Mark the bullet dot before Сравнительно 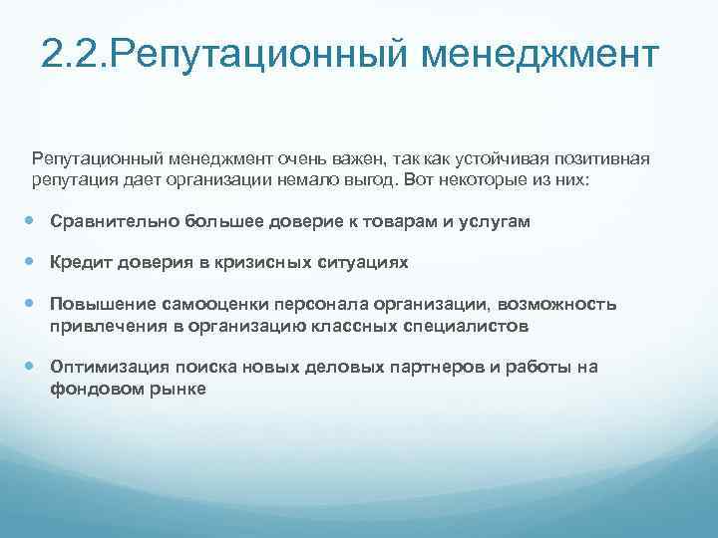tap(34, 221)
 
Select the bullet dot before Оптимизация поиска tap(34, 367)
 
